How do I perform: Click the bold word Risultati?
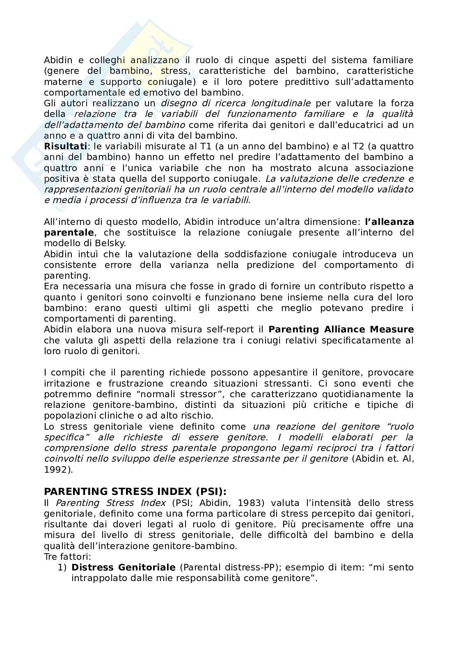point(65,147)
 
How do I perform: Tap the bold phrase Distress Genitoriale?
point(123,568)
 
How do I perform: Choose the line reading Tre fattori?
point(67,557)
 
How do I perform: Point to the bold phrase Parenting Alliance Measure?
point(341,330)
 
